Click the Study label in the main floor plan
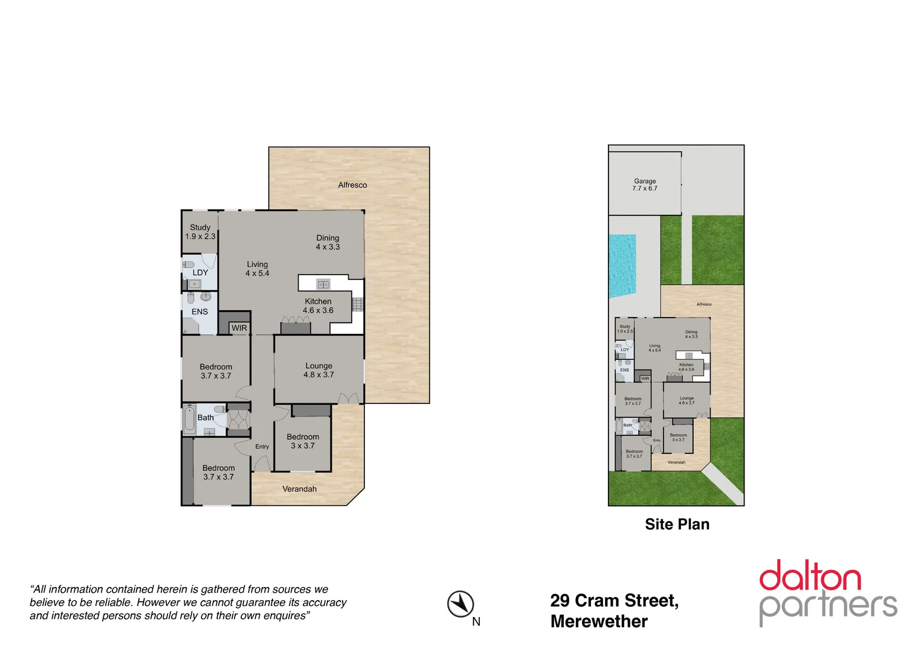[x=200, y=228]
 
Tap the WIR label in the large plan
[x=239, y=328]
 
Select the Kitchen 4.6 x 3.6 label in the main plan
[x=318, y=306]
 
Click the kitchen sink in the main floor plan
[x=323, y=284]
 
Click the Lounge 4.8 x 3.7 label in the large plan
[x=318, y=370]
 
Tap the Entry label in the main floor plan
[x=262, y=447]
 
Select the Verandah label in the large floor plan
[x=299, y=489]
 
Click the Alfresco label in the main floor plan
[x=352, y=185]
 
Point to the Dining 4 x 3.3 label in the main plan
[x=328, y=242]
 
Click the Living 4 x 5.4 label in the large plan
[x=257, y=269]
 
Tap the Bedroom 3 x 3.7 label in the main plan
[x=303, y=441]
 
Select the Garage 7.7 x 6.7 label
[x=645, y=185]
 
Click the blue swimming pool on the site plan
[x=622, y=266]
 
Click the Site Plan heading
[x=677, y=525]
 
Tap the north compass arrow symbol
[x=460, y=604]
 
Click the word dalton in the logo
[x=810, y=577]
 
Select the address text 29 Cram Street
[x=614, y=601]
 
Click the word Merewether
[x=599, y=621]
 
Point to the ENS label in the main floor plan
[x=199, y=312]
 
